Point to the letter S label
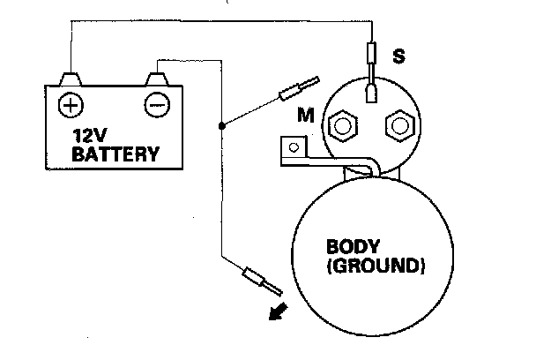pyautogui.click(x=399, y=57)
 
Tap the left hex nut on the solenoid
pyautogui.click(x=339, y=126)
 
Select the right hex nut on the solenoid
pyautogui.click(x=399, y=126)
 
